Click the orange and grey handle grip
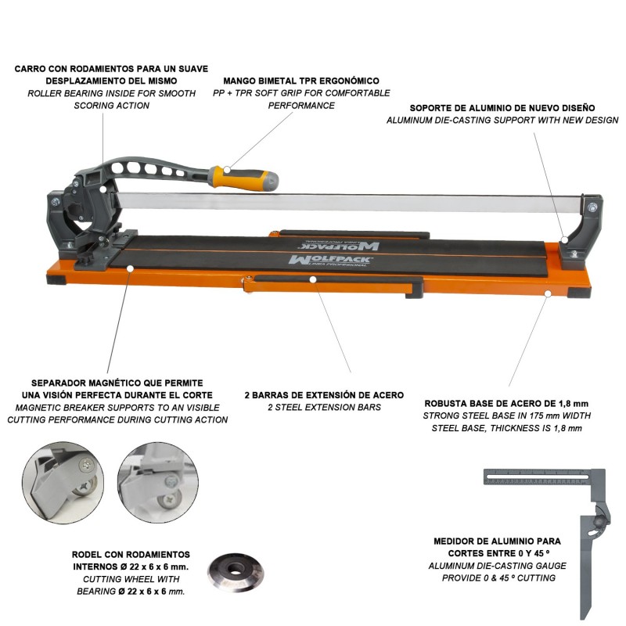tap(243, 178)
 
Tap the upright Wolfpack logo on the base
tap(330, 261)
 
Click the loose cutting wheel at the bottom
tap(236, 573)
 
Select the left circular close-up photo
tap(63, 483)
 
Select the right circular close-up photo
tap(158, 482)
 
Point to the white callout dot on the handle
tap(227, 170)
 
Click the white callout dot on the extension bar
tap(313, 279)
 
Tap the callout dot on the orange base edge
tap(548, 294)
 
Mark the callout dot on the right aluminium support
tap(564, 239)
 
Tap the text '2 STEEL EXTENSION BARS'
tap(324, 407)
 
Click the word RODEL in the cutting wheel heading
tap(85, 555)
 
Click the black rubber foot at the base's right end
tap(579, 292)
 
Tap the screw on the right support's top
tap(592, 207)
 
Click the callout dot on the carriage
tap(103, 189)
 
